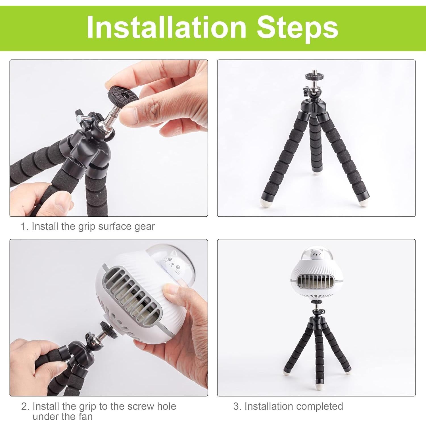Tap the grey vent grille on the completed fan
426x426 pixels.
[x=316, y=284]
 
